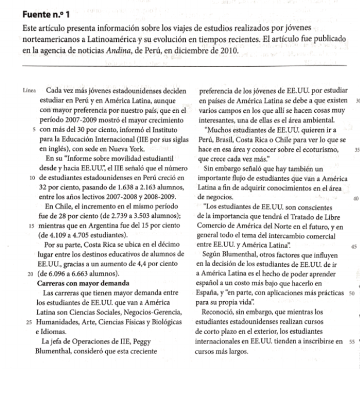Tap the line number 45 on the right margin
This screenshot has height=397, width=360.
(x=353, y=246)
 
